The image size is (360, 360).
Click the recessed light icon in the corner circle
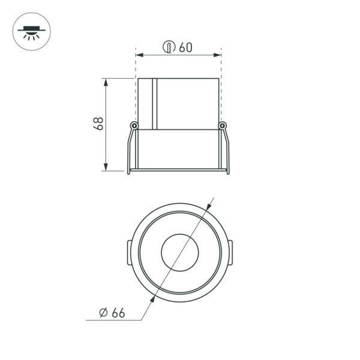point(31,31)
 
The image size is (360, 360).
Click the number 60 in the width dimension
point(186,47)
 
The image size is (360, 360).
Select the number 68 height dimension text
point(98,124)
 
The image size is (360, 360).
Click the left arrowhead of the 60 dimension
point(139,55)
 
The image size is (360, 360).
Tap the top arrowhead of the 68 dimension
point(106,81)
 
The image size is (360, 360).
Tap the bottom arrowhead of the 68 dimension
point(106,167)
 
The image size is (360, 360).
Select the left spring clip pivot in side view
point(134,125)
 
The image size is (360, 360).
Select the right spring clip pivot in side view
point(223,125)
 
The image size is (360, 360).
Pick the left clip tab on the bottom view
point(129,252)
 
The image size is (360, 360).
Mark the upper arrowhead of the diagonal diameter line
point(211,202)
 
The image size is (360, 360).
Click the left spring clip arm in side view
point(130,150)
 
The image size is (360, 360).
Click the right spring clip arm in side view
point(227,150)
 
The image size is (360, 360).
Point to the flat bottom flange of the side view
point(179,170)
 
